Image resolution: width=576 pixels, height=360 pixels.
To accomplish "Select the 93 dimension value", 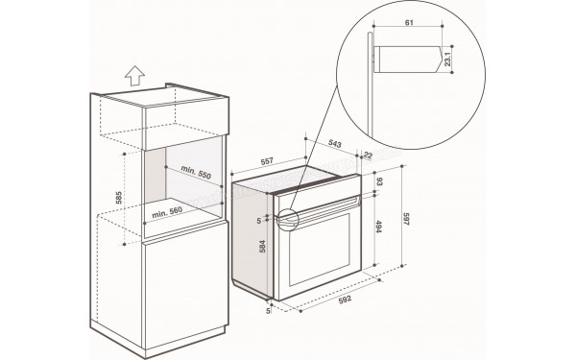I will [381, 181].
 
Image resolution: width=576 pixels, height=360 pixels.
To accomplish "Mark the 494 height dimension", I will [380, 228].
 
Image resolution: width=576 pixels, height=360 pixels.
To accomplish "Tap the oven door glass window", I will [318, 252].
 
